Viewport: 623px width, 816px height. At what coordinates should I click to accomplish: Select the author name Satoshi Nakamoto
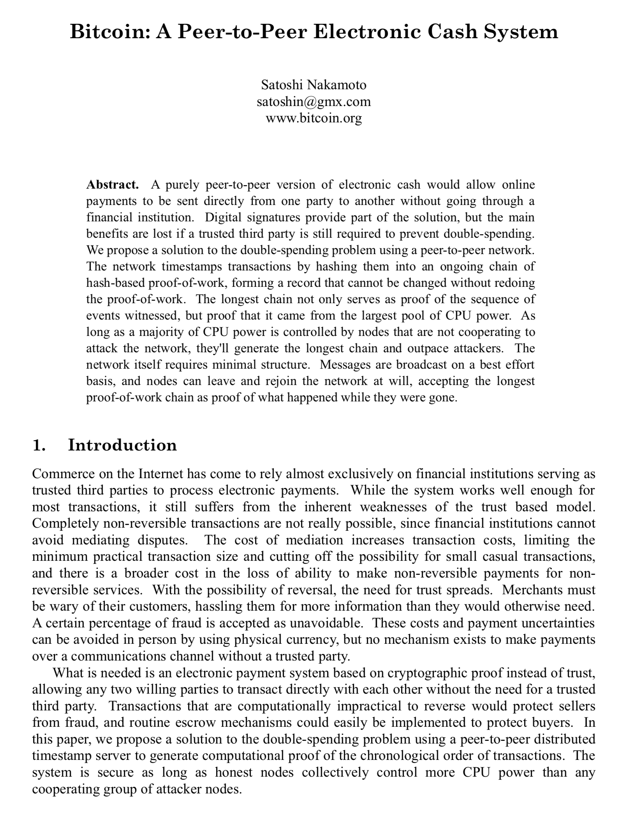tap(313, 85)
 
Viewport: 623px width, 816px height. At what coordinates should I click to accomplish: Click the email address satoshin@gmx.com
tap(313, 101)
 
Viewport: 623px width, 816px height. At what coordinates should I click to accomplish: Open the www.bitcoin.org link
tap(313, 118)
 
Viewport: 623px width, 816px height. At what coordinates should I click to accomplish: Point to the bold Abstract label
tap(112, 184)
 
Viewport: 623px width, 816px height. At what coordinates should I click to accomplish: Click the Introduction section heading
tap(122, 445)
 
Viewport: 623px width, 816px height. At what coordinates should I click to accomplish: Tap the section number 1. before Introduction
tap(39, 445)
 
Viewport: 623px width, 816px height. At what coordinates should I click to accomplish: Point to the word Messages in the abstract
tap(345, 364)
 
